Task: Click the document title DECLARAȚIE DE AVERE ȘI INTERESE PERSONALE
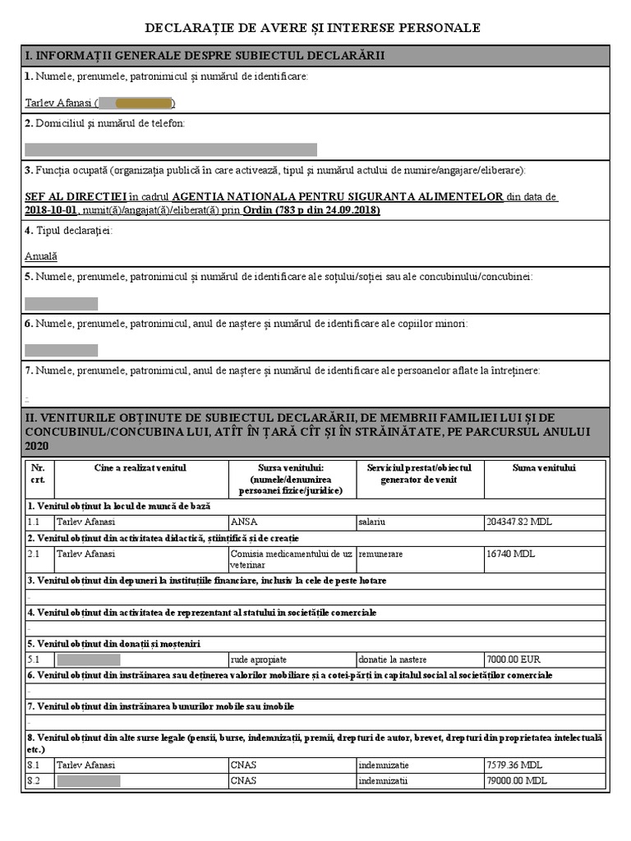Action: (x=312, y=28)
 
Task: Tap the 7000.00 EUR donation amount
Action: (x=514, y=659)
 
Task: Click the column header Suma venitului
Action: (x=544, y=468)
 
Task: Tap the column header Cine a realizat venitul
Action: (x=140, y=468)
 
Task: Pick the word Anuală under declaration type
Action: (x=41, y=256)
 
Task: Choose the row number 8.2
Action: (x=34, y=780)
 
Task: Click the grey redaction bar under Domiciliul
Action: (x=170, y=149)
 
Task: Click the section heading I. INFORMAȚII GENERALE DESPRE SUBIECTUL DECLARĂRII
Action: (x=205, y=56)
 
